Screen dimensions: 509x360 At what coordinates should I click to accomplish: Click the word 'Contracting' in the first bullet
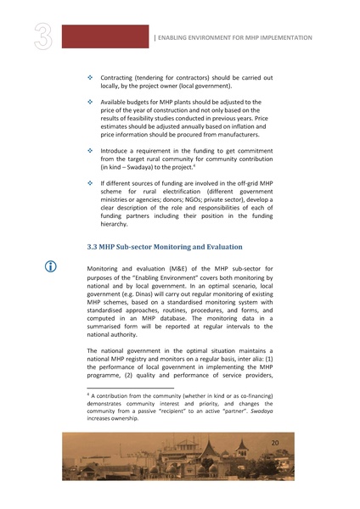tap(121, 78)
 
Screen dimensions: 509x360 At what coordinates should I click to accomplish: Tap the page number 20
tap(274, 444)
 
